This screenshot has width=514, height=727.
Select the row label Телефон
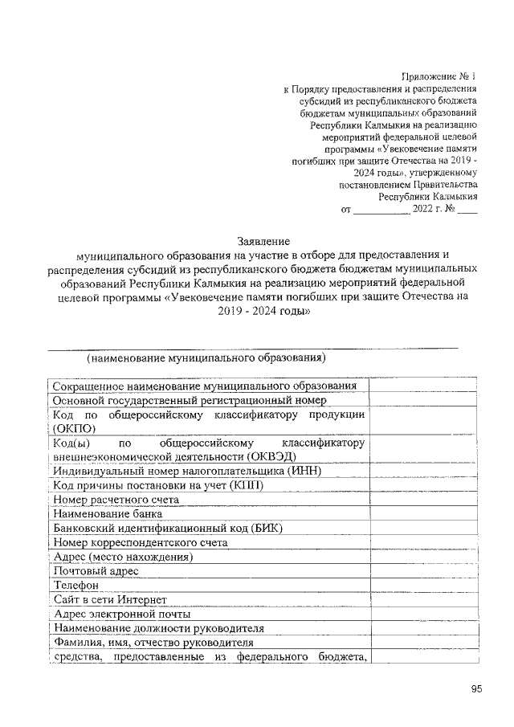tap(75, 585)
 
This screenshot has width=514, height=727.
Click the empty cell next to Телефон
tap(423, 585)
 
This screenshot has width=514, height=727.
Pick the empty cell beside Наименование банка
tap(423, 513)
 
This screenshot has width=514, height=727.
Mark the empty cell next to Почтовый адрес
tap(423, 570)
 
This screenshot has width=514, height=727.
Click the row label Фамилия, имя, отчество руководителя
tap(153, 643)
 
